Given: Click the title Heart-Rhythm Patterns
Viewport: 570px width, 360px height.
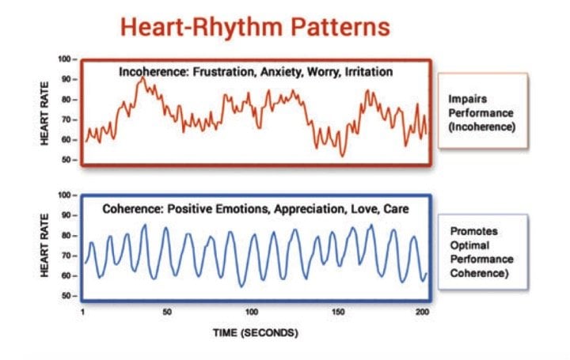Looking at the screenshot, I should [255, 27].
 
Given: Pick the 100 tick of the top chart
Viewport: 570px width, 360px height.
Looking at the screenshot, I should [65, 59].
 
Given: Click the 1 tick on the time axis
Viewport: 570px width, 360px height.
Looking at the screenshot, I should [82, 313].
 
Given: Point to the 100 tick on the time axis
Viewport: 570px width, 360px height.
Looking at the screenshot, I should [252, 313].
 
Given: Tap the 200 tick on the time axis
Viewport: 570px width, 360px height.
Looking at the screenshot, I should [422, 313].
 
